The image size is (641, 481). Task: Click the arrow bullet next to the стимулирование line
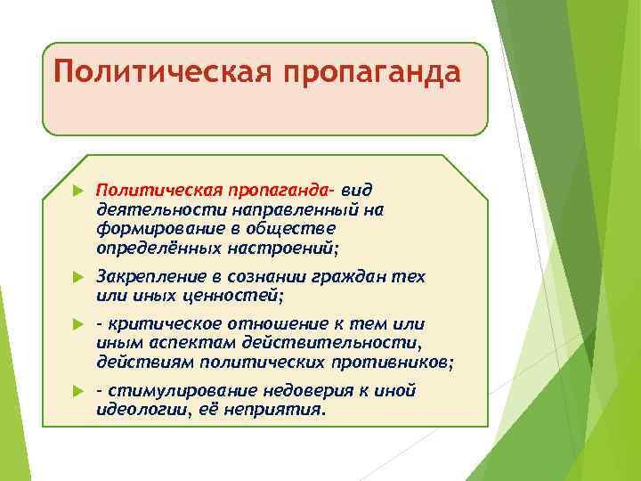coord(77,391)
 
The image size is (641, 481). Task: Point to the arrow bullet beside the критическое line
coord(77,324)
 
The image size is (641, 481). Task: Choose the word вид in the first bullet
coord(356,192)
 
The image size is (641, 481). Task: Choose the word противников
coord(392,362)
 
